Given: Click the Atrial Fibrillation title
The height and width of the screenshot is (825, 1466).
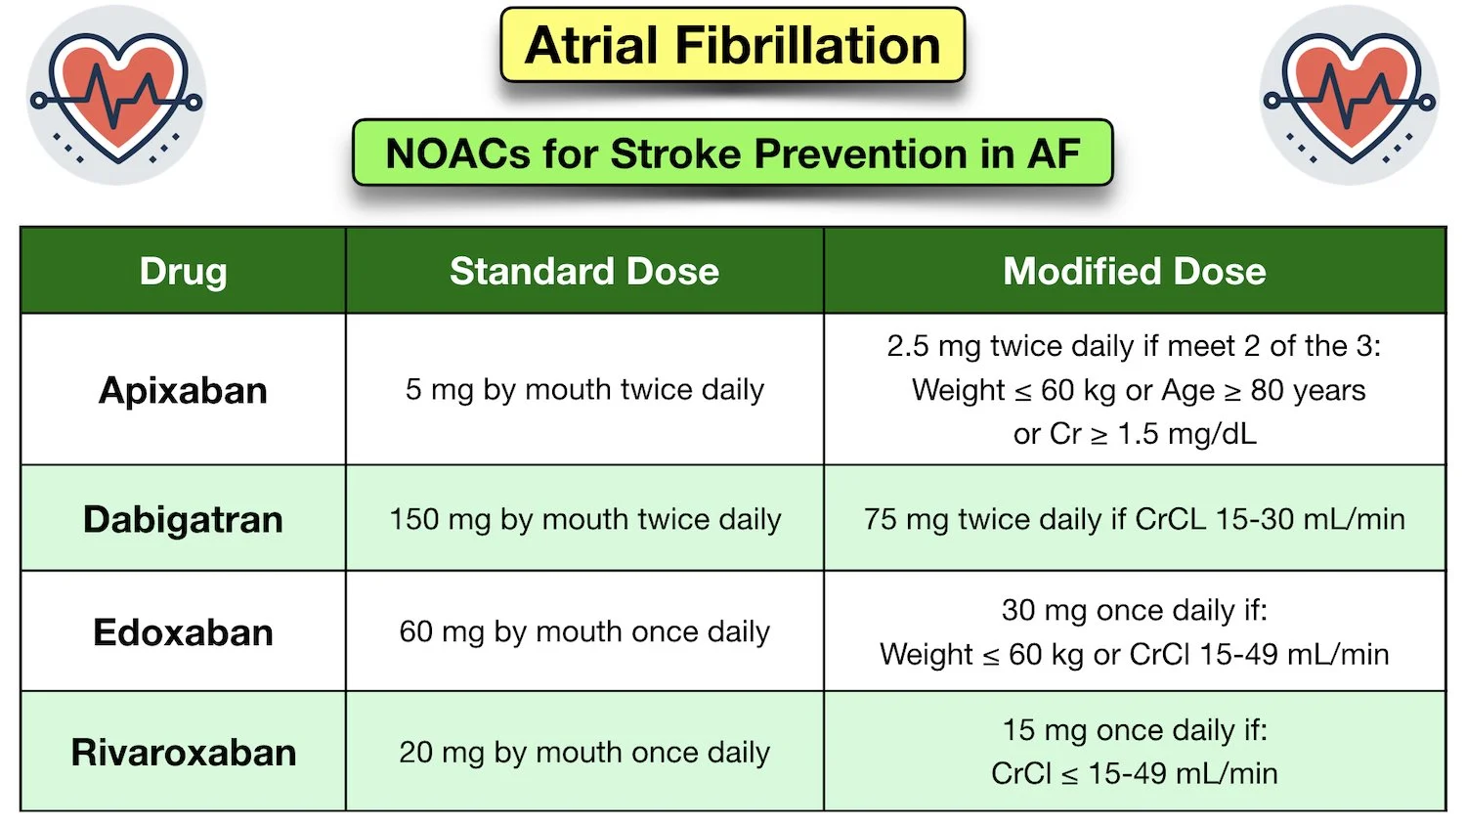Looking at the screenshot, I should [x=732, y=46].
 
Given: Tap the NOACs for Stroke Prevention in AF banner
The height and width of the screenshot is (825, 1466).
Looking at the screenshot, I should [x=732, y=153].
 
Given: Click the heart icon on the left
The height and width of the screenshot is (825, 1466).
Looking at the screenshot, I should [x=116, y=96].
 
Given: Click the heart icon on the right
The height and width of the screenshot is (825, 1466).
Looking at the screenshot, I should [x=1350, y=96].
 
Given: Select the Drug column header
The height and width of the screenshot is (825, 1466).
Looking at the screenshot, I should [x=183, y=271].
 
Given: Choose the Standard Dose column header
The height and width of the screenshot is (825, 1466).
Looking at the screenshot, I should [x=584, y=271].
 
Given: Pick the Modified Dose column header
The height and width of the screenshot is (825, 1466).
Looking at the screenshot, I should [x=1134, y=271].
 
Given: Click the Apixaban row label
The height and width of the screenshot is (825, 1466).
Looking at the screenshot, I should [x=183, y=390].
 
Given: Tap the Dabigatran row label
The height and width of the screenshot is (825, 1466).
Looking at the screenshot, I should [x=183, y=519].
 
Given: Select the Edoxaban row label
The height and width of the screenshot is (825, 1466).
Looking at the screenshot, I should [x=183, y=631].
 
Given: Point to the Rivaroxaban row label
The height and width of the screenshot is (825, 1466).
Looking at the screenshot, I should [x=183, y=752].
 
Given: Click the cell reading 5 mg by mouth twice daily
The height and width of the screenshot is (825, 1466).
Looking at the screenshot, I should [x=584, y=389].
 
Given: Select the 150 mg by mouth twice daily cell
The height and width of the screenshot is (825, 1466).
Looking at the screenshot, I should [x=584, y=519].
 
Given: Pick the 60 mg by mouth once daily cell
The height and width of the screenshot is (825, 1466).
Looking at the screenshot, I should [x=584, y=631].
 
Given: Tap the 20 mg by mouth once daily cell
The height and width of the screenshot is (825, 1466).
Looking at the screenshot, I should [x=584, y=752].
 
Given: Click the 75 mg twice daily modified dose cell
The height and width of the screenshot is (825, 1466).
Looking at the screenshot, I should [x=1134, y=519].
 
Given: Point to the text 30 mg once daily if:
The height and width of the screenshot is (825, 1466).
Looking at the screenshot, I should [x=1134, y=610].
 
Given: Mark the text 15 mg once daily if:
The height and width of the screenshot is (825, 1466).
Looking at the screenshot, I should [x=1134, y=730].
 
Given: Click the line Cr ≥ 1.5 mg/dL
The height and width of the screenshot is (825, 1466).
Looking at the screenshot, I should [x=1134, y=433].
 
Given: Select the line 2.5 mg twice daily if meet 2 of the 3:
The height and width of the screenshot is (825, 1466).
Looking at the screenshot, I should [x=1134, y=346].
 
